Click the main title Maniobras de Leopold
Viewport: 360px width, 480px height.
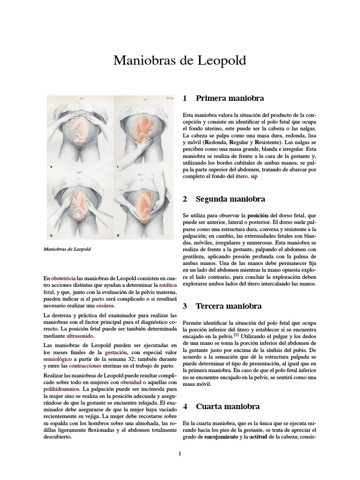180,60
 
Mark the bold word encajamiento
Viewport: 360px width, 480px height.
219,437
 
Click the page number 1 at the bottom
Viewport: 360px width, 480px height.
180,453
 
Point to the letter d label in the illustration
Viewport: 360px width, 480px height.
118,235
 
